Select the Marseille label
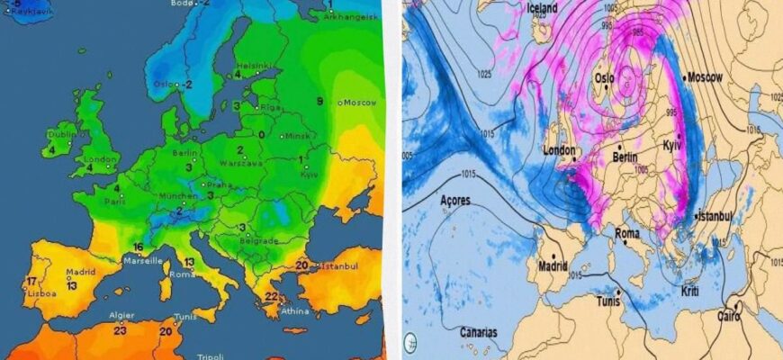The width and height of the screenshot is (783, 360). click(x=143, y=260)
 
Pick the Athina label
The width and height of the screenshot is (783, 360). click(x=294, y=311)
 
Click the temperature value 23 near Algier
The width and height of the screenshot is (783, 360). click(x=120, y=330)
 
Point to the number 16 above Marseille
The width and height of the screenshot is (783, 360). click(x=138, y=247)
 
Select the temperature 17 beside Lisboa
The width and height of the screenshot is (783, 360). click(x=31, y=282)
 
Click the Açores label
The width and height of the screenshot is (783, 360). click(x=454, y=200)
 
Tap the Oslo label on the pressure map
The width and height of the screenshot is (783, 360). click(x=603, y=78)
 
